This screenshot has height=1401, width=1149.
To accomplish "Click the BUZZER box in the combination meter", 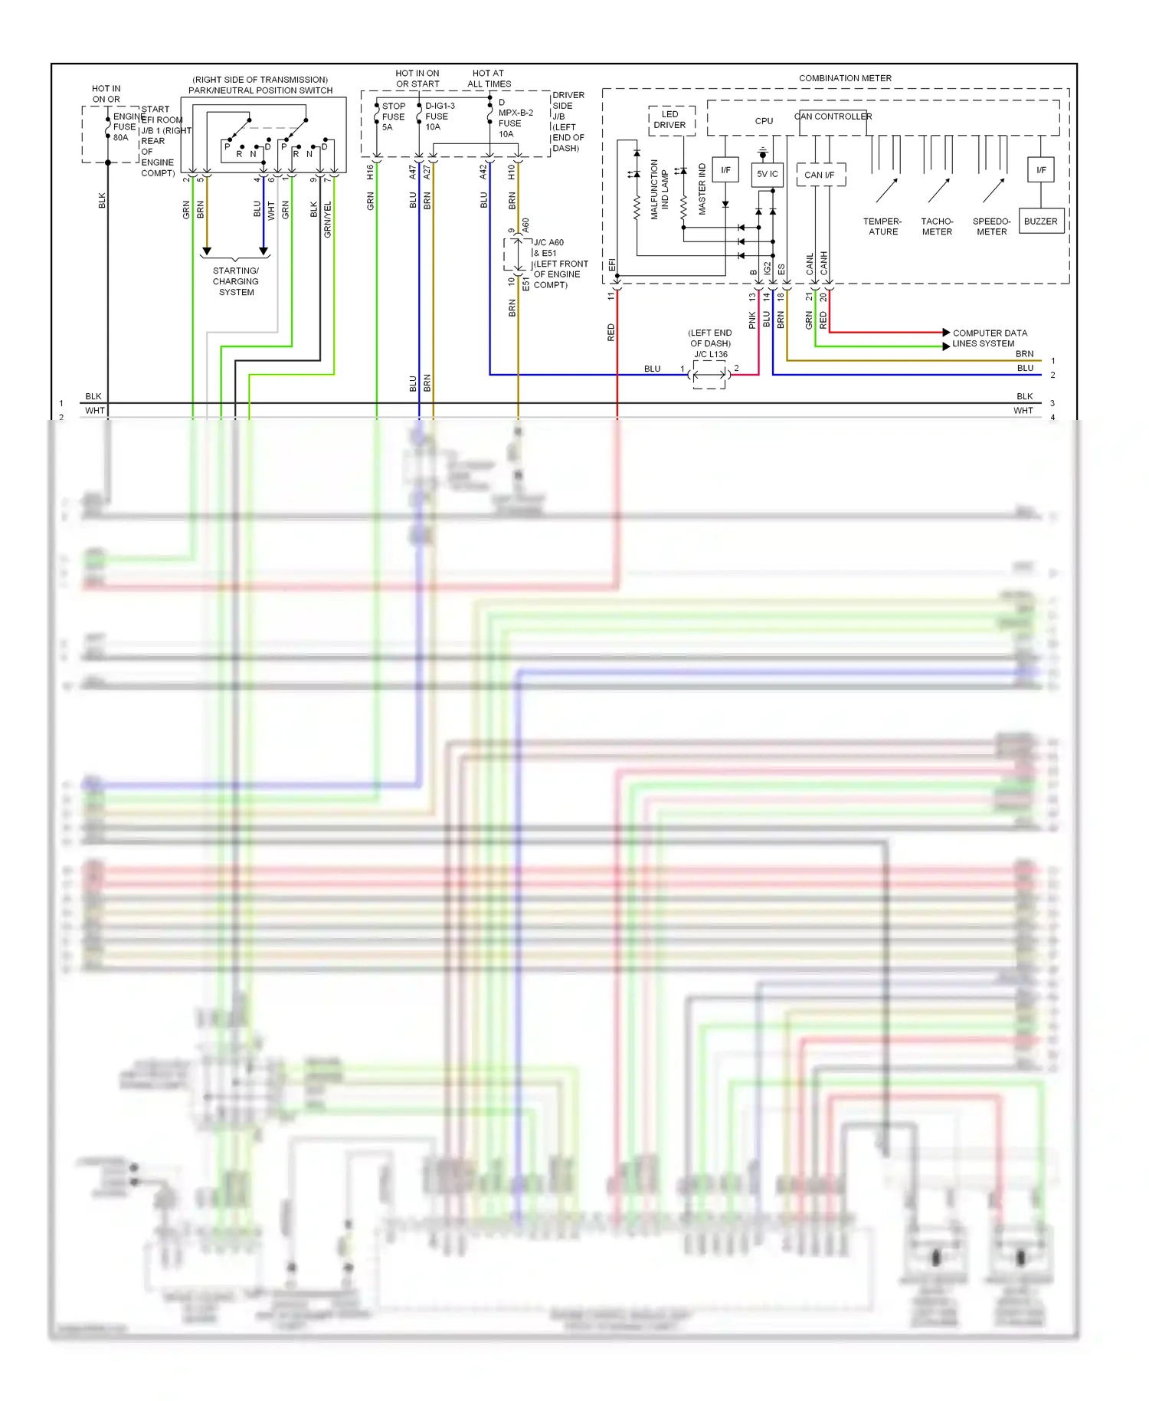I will click(x=1040, y=221).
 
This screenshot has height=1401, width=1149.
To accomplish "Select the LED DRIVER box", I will click(x=670, y=120).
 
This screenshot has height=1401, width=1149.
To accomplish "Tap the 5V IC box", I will click(x=767, y=174).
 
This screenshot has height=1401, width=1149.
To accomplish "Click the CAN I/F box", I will click(x=820, y=175).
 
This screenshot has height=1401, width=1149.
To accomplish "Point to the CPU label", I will click(x=764, y=121).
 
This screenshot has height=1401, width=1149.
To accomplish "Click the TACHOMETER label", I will click(x=937, y=227).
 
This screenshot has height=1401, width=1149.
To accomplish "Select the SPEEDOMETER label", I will click(x=991, y=227).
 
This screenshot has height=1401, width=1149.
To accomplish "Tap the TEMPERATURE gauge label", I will click(x=882, y=227).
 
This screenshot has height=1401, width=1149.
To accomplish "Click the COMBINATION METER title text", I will click(x=845, y=78).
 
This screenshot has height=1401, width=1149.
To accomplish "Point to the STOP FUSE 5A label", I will click(x=393, y=117).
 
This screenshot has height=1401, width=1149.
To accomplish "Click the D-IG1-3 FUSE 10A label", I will click(x=439, y=116).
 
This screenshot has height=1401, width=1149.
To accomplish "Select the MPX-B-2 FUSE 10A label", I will click(x=514, y=118).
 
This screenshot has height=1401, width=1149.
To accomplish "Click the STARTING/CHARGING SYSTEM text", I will click(x=236, y=281).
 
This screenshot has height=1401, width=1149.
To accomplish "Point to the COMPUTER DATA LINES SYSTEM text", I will click(x=989, y=338).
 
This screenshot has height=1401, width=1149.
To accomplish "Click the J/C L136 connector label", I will click(x=710, y=354).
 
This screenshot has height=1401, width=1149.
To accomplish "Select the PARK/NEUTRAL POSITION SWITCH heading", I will click(x=260, y=90).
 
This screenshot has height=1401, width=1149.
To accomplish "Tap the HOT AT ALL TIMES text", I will click(x=489, y=79).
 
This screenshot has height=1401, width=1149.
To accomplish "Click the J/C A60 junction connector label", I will click(x=548, y=242).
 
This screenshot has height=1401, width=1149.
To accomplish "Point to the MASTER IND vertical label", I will click(x=702, y=189).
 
